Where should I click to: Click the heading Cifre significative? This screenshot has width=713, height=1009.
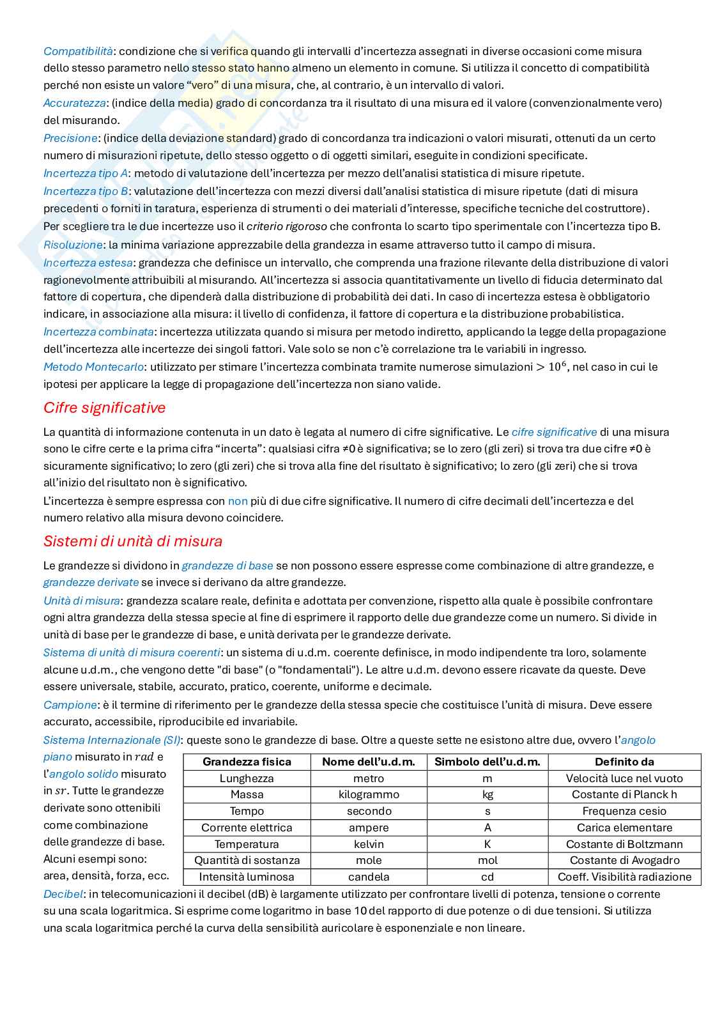[x=104, y=408]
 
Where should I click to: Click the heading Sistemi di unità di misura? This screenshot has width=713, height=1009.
[x=133, y=541]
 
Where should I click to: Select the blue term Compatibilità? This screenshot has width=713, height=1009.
[x=78, y=51]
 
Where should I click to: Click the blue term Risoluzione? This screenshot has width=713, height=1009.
[x=73, y=245]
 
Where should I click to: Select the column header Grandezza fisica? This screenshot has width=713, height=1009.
[x=247, y=762]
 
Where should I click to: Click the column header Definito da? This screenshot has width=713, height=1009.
[x=624, y=762]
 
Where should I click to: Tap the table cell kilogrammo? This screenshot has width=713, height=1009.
[x=369, y=794]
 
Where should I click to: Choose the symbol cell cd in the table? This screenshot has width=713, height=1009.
[x=487, y=877]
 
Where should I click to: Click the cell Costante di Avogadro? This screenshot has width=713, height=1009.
[x=624, y=860]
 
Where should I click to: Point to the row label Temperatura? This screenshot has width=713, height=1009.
[x=247, y=844]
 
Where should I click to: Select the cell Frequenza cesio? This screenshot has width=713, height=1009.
[x=624, y=811]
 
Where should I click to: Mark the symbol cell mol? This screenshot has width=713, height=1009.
[x=487, y=860]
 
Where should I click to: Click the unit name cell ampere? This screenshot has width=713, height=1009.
[x=369, y=828]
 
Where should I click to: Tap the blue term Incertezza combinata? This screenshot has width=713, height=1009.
[x=98, y=332]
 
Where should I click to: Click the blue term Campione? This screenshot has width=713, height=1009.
[x=70, y=705]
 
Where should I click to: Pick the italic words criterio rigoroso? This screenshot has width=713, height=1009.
[x=287, y=226]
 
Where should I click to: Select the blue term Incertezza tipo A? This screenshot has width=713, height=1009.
[x=86, y=173]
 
